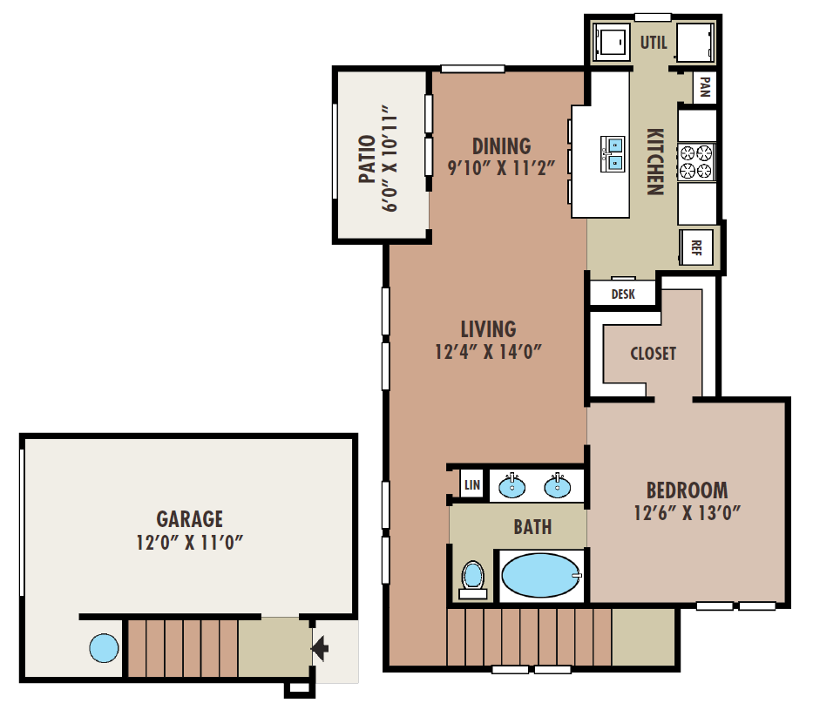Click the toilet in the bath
(472, 580)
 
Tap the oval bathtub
(541, 575)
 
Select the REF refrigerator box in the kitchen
(696, 247)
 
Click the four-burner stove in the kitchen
(696, 162)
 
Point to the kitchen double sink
(613, 154)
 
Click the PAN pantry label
(704, 86)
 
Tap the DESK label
(623, 294)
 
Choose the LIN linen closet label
(471, 485)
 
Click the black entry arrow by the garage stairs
(320, 648)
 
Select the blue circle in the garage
(104, 648)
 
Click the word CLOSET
(654, 354)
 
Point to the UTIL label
(654, 43)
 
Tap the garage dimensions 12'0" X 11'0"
(190, 543)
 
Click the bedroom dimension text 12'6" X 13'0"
(687, 513)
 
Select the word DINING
(501, 146)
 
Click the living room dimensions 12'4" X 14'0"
(488, 352)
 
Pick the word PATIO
(367, 159)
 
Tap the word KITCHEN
(655, 162)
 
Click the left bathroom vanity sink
(512, 486)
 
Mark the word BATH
(532, 527)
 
